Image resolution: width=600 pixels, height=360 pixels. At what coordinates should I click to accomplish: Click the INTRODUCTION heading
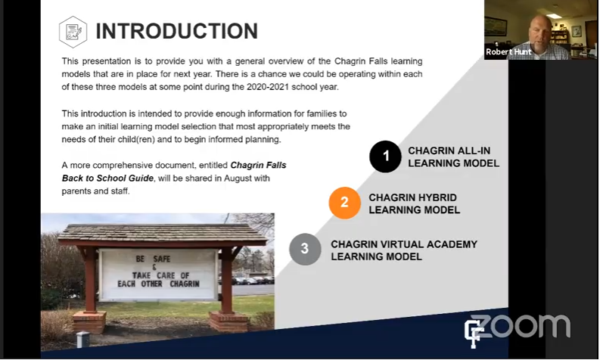pos(177,31)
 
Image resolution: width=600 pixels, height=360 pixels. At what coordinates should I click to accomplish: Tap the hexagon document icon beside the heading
pos(73,32)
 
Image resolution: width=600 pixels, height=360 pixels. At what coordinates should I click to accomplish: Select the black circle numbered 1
pos(385,157)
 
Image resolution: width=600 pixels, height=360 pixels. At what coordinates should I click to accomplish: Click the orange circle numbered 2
pos(344,203)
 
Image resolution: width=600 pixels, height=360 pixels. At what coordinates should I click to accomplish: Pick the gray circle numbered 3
pos(305,249)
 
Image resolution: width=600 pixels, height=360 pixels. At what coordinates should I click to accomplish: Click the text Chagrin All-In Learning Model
pos(453,157)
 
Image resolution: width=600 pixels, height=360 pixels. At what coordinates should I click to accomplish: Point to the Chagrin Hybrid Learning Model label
pos(414,203)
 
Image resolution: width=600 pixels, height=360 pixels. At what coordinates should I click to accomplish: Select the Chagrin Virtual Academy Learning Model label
pos(404,250)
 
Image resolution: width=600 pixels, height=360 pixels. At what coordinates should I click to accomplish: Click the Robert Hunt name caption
pos(508,51)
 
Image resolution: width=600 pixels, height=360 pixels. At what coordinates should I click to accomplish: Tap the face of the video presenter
pos(541,31)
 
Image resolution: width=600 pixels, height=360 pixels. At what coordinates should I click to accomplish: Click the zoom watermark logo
pos(521,326)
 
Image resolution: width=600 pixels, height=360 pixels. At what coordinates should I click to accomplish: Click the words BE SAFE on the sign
pos(153,259)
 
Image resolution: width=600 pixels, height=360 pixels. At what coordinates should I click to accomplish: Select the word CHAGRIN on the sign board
pos(185,284)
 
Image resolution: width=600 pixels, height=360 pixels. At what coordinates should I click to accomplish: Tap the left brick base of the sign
pos(89,321)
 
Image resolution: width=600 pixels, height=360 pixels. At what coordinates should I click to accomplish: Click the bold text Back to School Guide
pos(107,178)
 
